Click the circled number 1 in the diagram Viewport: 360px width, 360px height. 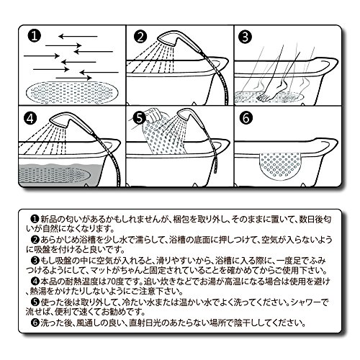[35, 36]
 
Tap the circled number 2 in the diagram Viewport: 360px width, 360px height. [140, 37]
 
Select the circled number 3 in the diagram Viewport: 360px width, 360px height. [246, 37]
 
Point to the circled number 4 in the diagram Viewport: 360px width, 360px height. [30, 118]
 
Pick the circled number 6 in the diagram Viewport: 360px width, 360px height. [246, 118]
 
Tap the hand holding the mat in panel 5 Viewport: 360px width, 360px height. [153, 115]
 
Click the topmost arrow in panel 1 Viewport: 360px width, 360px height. [78, 37]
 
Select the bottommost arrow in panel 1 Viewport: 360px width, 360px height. [74, 78]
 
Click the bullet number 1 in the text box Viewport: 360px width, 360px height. [35, 219]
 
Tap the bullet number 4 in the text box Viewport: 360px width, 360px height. [35, 281]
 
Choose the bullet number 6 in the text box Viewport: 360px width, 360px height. [35, 323]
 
